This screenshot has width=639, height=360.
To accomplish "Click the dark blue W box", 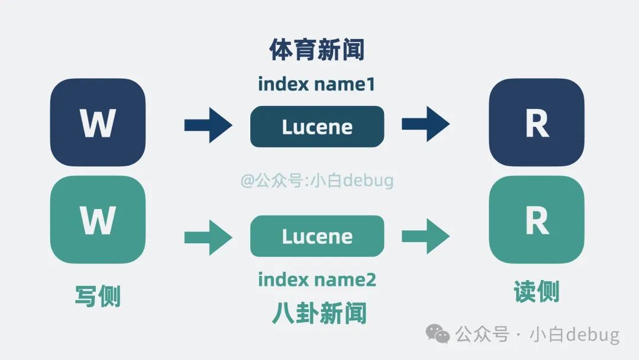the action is (98, 123).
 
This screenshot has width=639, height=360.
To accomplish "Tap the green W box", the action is (98, 220).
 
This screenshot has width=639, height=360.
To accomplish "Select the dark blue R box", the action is (537, 123).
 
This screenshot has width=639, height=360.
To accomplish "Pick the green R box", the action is (537, 220).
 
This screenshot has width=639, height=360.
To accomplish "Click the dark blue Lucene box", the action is (317, 127).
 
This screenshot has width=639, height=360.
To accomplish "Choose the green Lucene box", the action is (317, 236).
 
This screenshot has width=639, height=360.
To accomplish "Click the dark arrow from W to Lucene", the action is (208, 126).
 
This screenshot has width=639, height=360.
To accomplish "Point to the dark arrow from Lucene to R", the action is (425, 124).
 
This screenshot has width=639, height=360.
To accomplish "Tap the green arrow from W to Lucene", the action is (208, 237).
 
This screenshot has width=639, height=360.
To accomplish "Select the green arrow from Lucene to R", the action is (425, 236).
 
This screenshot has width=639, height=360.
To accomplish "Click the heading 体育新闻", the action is (317, 50).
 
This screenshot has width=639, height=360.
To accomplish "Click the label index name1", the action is (317, 84).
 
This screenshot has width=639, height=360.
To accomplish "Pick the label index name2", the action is (317, 279).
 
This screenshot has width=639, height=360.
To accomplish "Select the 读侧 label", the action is (537, 292).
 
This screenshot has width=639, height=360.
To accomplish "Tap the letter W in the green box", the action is (98, 221).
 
